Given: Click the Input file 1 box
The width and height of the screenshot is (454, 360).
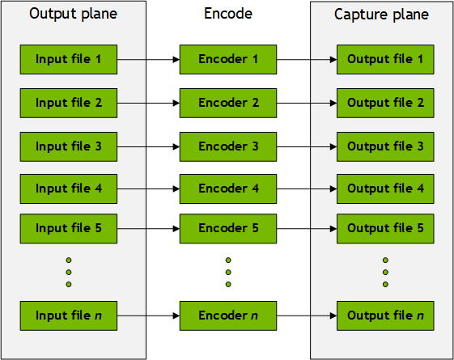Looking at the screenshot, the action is [69, 59].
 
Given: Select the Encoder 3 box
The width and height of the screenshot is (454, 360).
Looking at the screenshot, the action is [228, 146].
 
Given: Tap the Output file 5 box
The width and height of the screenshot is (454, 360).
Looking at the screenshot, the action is [385, 229].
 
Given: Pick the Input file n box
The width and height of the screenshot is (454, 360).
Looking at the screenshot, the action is [69, 316].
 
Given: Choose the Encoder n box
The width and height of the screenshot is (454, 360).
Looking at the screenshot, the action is [228, 316].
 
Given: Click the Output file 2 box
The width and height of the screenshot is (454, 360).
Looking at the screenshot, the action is [385, 103].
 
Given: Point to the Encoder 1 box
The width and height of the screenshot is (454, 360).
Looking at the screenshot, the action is [228, 59].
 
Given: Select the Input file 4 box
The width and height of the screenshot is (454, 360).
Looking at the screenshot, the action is [69, 188].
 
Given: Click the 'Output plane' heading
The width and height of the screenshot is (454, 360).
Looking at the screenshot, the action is [74, 14].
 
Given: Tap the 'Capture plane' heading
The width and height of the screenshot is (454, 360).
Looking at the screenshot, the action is [382, 15].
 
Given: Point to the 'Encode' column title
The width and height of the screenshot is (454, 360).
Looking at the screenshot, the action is [228, 13].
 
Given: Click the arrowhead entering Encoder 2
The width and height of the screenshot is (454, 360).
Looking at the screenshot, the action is [176, 103].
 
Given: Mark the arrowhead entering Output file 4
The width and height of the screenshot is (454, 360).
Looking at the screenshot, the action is [333, 189].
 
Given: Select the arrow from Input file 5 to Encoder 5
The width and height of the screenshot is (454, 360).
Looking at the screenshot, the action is [149, 229].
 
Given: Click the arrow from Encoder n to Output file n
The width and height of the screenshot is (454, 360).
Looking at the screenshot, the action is [307, 316].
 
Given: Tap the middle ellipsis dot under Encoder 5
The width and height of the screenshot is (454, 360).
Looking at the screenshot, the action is [228, 272].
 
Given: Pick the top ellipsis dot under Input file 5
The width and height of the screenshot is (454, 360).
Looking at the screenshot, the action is [69, 260].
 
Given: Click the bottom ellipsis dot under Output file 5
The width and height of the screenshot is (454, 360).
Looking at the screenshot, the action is [385, 284].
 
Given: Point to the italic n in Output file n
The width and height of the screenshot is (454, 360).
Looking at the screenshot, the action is [420, 316].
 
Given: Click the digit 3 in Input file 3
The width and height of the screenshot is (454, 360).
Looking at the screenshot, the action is [99, 146].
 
